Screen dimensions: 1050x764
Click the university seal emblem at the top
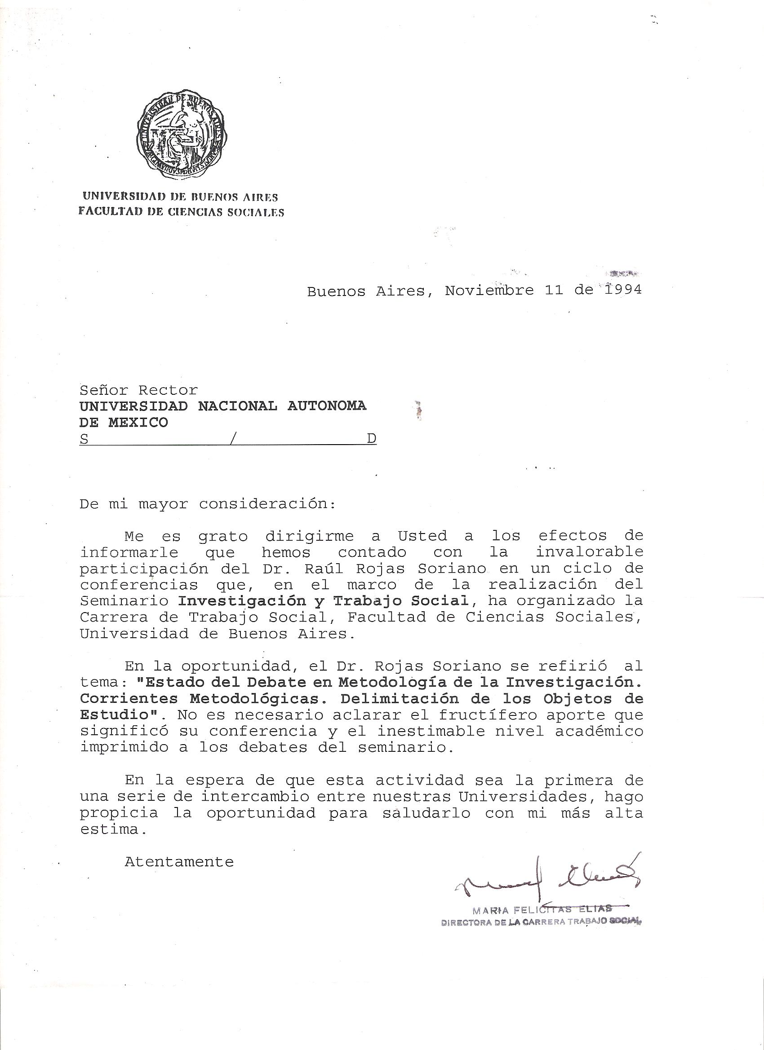pos(182,135)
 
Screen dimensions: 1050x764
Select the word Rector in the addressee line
pos(168,390)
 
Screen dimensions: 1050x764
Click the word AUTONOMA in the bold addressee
pos(327,406)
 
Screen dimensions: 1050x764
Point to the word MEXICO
pos(138,422)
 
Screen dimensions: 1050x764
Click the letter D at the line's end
pos(372,439)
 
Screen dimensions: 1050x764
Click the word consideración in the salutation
pos(267,504)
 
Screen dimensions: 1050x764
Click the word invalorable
pos(589,552)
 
